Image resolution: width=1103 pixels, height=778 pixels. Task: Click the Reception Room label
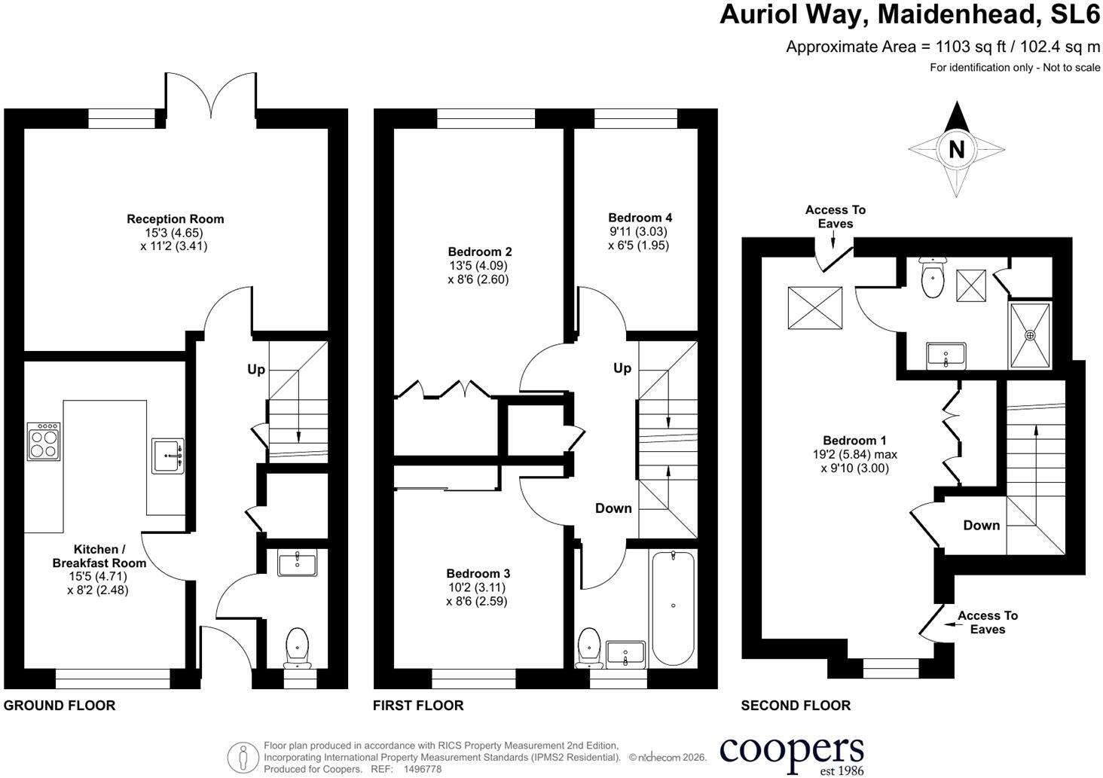coord(176,219)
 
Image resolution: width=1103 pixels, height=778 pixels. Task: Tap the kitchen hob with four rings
coord(44,441)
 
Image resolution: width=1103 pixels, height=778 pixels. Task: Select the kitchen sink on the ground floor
coord(168,456)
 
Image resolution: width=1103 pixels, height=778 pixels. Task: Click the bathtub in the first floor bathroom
coord(673,609)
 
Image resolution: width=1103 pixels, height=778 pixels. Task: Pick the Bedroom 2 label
coord(480,252)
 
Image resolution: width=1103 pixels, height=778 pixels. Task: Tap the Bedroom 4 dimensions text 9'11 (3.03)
coord(638,231)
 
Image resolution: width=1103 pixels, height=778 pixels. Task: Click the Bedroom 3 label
coord(478,573)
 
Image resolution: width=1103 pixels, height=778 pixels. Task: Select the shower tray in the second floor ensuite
coord(1030,335)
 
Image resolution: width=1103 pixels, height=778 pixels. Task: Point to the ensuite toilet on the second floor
coord(933,277)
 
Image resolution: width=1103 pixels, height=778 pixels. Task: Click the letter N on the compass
coord(956,149)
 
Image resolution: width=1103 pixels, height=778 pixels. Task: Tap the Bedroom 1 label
coord(855,441)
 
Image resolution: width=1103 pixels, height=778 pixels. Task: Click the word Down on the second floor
coord(982,525)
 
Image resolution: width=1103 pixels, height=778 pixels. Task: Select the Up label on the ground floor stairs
coord(256,369)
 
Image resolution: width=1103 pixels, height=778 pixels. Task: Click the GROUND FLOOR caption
coord(60,705)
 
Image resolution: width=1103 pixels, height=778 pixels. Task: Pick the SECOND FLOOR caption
coord(796,705)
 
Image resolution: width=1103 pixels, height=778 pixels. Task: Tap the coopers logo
coord(792,756)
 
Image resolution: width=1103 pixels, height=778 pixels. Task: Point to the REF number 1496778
coord(423,769)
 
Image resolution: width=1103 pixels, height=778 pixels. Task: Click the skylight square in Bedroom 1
coord(815,308)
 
